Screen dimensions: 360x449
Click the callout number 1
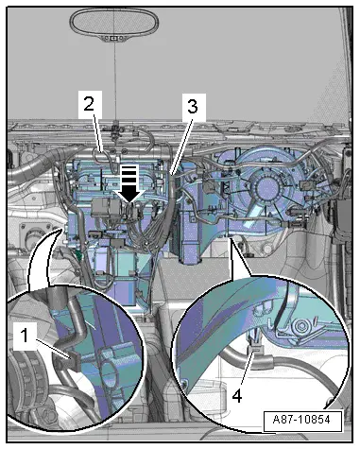point(25,336)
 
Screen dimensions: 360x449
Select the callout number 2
point(89,103)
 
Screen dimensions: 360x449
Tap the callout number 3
point(193,107)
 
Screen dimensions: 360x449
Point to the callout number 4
point(237,396)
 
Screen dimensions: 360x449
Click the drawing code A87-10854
point(301,420)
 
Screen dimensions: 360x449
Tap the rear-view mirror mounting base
point(114,38)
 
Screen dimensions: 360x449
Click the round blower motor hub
point(266,188)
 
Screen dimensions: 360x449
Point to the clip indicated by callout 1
point(74,360)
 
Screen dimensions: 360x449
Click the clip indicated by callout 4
point(255,348)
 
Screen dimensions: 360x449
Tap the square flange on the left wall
point(35,234)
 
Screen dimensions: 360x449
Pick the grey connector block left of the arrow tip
point(104,209)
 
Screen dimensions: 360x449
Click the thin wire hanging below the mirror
point(115,82)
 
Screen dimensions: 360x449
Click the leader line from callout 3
point(180,147)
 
